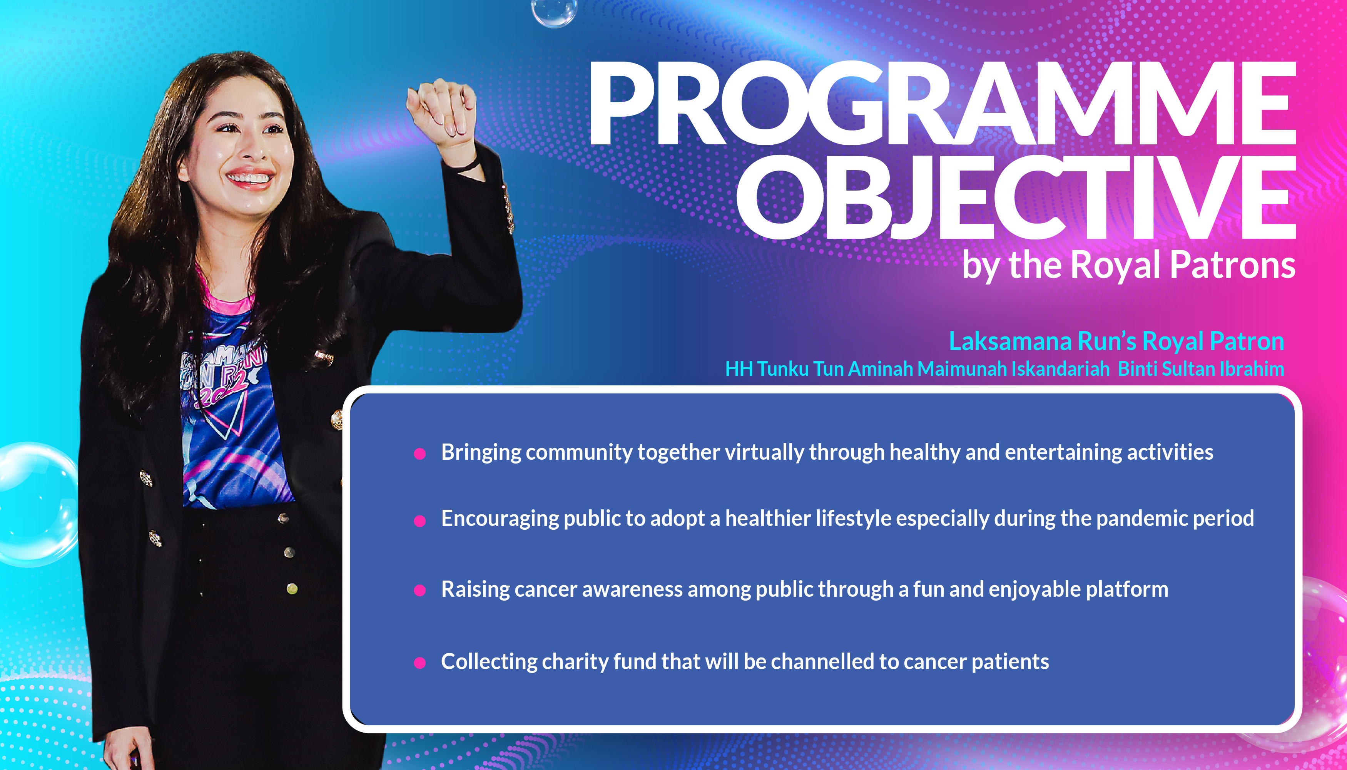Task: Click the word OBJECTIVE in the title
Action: click(1016, 197)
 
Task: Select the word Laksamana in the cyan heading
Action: click(1010, 341)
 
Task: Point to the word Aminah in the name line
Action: click(880, 368)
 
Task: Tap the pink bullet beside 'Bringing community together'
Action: click(420, 454)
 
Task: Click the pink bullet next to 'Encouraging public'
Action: click(420, 521)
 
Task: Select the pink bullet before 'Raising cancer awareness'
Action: click(420, 591)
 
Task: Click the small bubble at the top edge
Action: click(554, 12)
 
